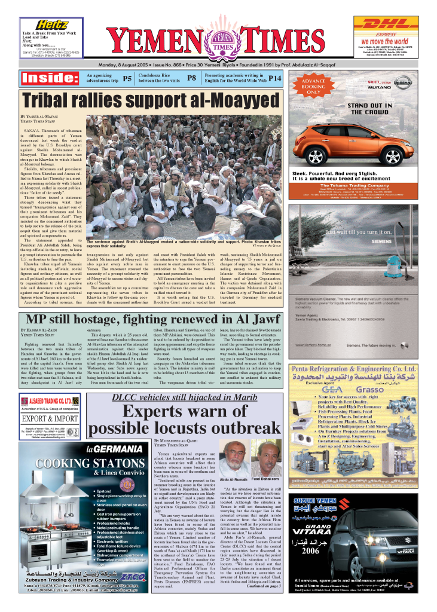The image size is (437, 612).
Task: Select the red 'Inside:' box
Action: pos(47,78)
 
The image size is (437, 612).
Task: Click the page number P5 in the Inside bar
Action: pos(127,78)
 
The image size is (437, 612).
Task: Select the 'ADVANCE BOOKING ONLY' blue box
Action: pos(313,87)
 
